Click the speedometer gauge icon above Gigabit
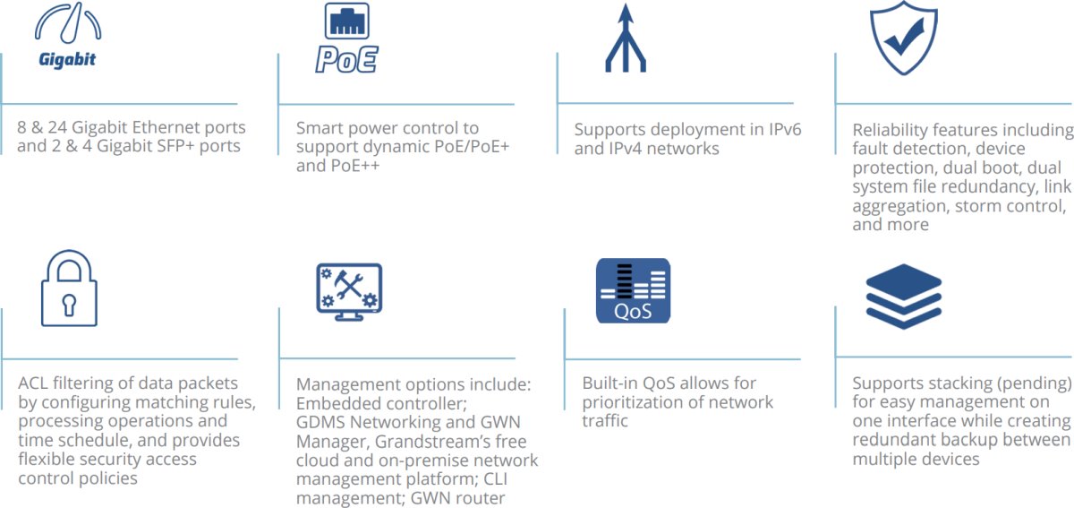pyautogui.click(x=67, y=24)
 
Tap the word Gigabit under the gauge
pyautogui.click(x=67, y=61)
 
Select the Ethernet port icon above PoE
pyautogui.click(x=346, y=21)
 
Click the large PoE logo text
pyautogui.click(x=346, y=59)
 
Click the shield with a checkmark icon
pyautogui.click(x=904, y=37)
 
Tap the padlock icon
pyautogui.click(x=69, y=288)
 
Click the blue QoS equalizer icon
pyautogui.click(x=634, y=290)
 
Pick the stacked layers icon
pyautogui.click(x=904, y=297)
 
